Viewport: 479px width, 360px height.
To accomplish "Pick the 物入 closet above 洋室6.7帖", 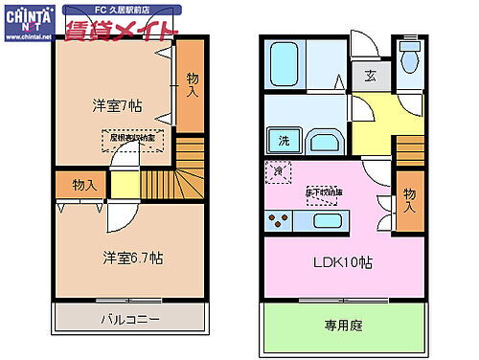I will coord(83,185).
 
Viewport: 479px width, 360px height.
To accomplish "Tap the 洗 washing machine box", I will coord(285,142).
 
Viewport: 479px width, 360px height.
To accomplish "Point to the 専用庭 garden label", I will coord(342,326).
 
